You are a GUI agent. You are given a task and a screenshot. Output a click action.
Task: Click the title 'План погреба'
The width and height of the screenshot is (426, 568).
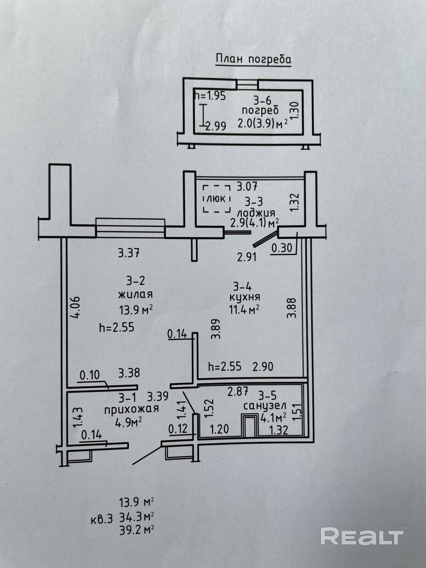pos(253,59)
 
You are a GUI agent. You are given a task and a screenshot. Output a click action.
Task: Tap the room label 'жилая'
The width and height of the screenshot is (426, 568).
pos(135,295)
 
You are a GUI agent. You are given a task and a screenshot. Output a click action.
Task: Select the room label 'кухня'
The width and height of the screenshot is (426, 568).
pos(245,297)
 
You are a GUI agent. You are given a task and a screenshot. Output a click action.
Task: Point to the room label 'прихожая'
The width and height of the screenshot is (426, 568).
pos(131,409)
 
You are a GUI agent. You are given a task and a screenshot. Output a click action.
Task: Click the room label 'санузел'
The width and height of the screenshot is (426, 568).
pos(264,405)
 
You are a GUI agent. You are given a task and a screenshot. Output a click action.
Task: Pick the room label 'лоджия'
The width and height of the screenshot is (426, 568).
pos(256,213)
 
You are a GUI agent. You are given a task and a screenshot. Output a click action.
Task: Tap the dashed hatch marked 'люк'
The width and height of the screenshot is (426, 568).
pos(217,198)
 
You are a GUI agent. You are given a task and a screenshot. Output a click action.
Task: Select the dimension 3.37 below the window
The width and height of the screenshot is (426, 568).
pos(129,253)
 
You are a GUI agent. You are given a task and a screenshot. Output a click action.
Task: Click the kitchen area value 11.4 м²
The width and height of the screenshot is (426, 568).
pos(244,310)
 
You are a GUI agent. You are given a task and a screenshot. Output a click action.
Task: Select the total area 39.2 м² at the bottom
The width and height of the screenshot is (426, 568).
pos(137,530)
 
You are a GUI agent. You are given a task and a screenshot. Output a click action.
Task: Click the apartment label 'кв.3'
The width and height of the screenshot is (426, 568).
pos(102,519)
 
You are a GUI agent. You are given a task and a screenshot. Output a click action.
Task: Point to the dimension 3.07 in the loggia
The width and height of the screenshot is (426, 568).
pos(246,186)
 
